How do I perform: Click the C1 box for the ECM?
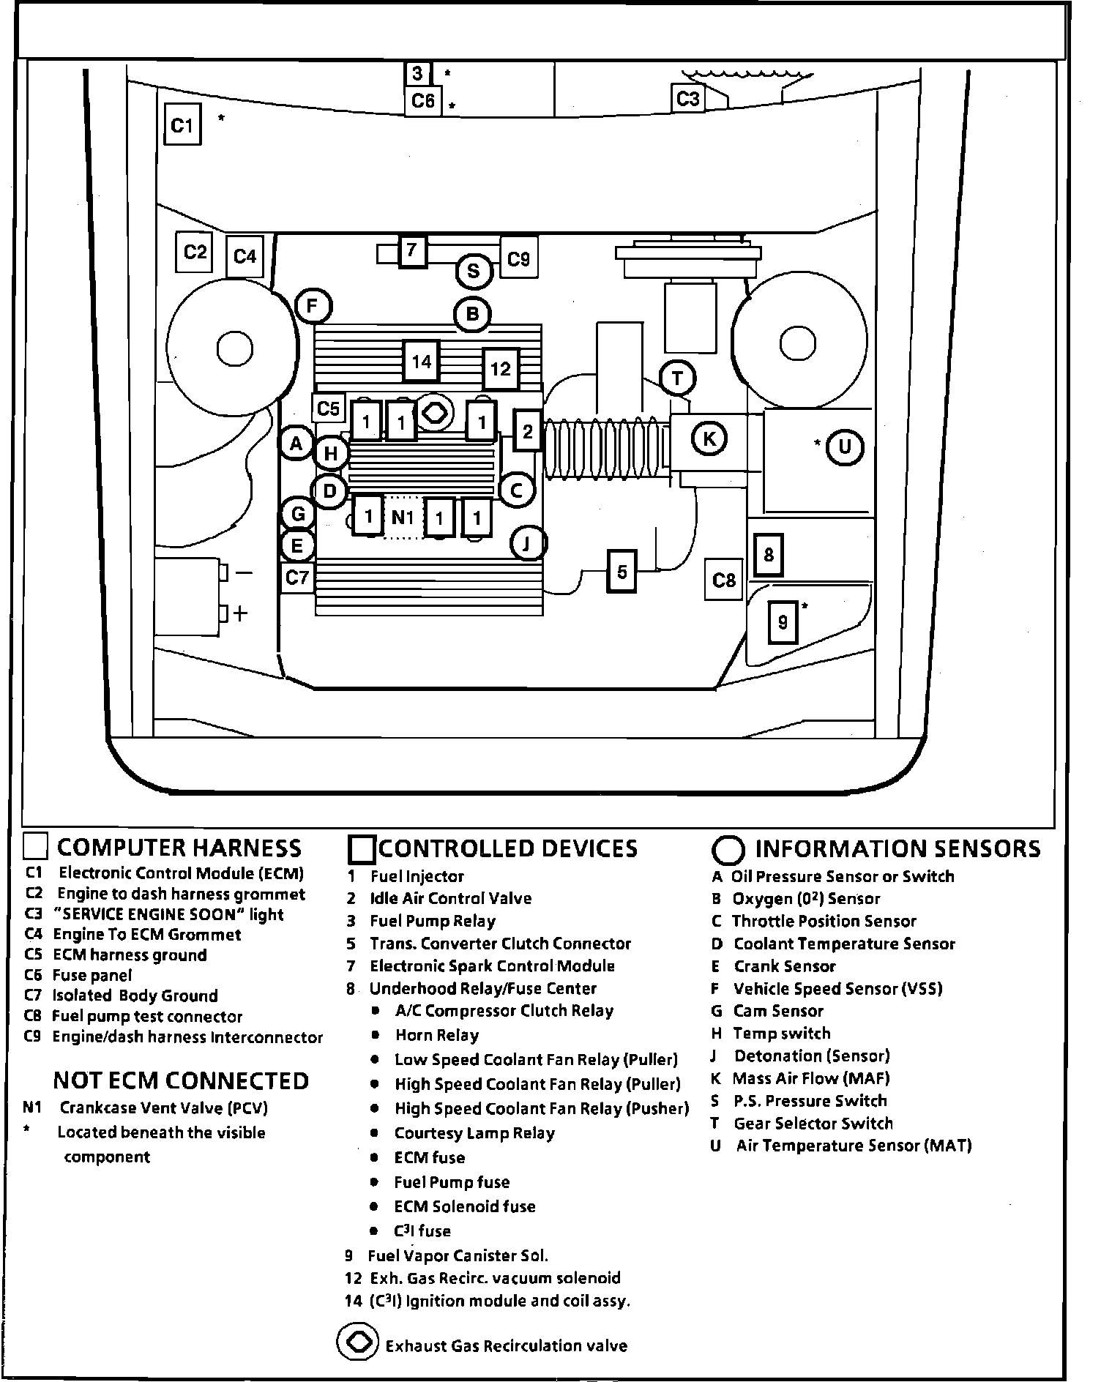pyautogui.click(x=182, y=125)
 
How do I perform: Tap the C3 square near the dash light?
pyautogui.click(x=687, y=99)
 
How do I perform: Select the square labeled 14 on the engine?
pyautogui.click(x=421, y=362)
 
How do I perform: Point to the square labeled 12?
pyautogui.click(x=500, y=368)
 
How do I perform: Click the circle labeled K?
pyautogui.click(x=709, y=439)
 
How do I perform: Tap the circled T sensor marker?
pyautogui.click(x=677, y=378)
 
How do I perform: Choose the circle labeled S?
pyautogui.click(x=474, y=272)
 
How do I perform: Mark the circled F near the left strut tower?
pyautogui.click(x=313, y=306)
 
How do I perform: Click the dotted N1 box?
pyautogui.click(x=403, y=518)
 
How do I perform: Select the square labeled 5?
pyautogui.click(x=622, y=572)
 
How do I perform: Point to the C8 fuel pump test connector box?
pyautogui.click(x=723, y=580)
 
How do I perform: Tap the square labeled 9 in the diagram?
pyautogui.click(x=783, y=622)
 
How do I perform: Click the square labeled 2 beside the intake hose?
pyautogui.click(x=527, y=431)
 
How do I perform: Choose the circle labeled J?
pyautogui.click(x=527, y=543)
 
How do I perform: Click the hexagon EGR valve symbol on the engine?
pyautogui.click(x=434, y=412)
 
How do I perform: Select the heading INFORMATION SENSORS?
pyautogui.click(x=897, y=848)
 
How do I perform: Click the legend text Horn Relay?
pyautogui.click(x=436, y=1035)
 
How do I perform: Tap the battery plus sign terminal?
pyautogui.click(x=239, y=613)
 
